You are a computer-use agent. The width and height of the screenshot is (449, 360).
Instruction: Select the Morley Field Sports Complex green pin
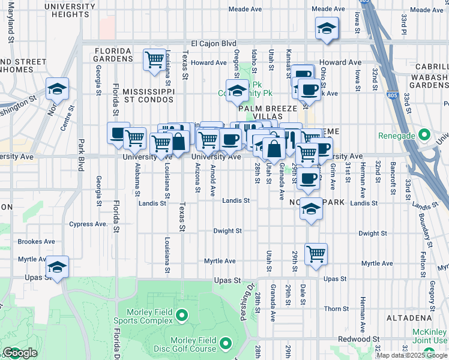(x=182, y=314)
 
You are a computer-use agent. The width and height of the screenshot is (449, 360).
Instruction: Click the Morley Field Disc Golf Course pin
(x=226, y=343)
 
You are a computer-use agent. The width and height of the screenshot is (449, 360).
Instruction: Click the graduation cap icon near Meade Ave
(x=327, y=28)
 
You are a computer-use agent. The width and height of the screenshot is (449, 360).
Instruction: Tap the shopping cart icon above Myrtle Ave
(x=316, y=254)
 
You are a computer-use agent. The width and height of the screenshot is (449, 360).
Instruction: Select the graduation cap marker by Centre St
(x=58, y=89)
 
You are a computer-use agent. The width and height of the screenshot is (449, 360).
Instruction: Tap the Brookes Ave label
(x=37, y=242)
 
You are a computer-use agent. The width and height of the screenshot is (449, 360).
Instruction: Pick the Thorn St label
(x=332, y=308)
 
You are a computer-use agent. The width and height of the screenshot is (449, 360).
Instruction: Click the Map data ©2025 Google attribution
(x=412, y=355)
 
